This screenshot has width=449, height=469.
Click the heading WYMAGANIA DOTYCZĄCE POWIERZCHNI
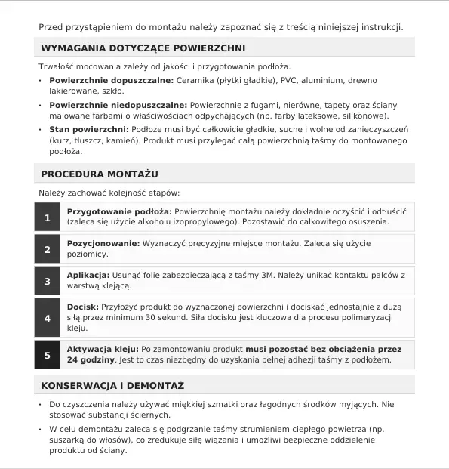click(x=143, y=48)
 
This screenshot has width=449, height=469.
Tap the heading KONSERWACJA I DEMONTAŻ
click(x=112, y=386)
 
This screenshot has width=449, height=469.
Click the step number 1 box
click(x=48, y=218)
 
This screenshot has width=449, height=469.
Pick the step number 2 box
click(x=48, y=249)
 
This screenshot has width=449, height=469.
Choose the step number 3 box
click(x=48, y=282)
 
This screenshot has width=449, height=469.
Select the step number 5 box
click(x=48, y=355)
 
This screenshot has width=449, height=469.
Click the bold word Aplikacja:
click(x=88, y=276)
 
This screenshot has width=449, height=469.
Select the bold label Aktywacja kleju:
click(x=103, y=350)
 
